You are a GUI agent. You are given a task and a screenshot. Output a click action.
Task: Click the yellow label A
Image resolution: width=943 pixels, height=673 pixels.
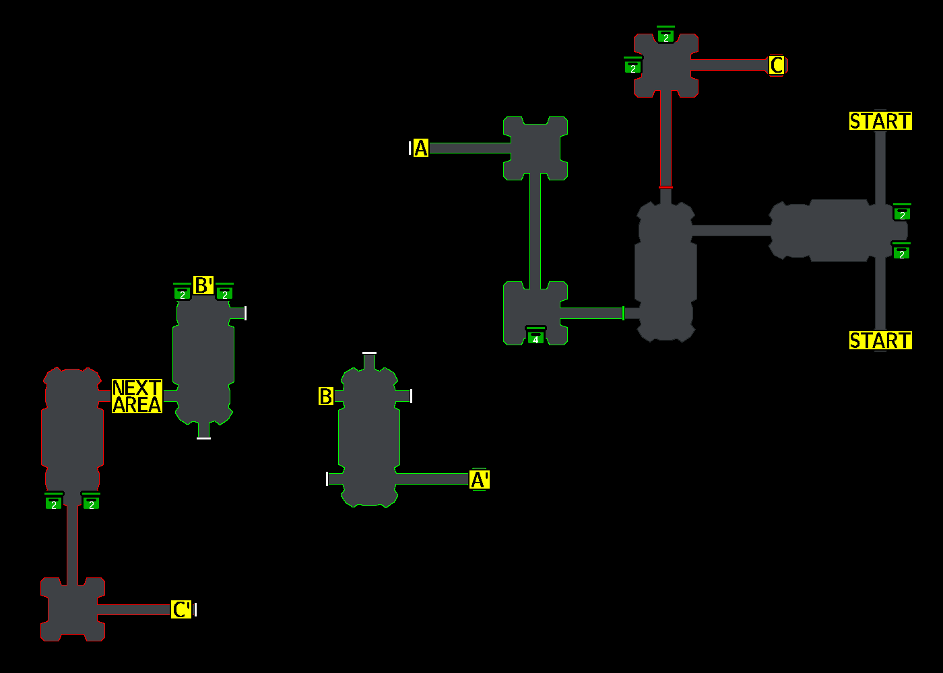pyautogui.click(x=421, y=148)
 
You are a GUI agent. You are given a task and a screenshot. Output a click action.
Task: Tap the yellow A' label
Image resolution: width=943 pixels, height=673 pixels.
pyautogui.click(x=480, y=480)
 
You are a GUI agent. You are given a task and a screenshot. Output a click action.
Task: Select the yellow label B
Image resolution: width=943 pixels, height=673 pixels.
pyautogui.click(x=326, y=396)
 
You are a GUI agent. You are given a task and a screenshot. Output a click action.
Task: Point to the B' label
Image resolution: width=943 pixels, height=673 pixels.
pyautogui.click(x=203, y=285)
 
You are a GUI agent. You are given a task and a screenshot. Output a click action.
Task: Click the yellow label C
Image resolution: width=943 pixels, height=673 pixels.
pyautogui.click(x=777, y=65)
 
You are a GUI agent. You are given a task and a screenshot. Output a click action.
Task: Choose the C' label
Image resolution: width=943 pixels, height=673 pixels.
pyautogui.click(x=181, y=610)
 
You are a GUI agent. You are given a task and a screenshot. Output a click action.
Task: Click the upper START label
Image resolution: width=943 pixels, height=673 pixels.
pyautogui.click(x=880, y=121)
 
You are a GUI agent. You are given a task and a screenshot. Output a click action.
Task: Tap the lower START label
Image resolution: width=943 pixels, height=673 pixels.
pyautogui.click(x=880, y=341)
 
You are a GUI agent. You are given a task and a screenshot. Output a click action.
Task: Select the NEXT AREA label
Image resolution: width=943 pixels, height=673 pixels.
pyautogui.click(x=137, y=396)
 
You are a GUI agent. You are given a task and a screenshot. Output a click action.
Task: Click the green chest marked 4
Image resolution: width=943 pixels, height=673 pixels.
pyautogui.click(x=535, y=336)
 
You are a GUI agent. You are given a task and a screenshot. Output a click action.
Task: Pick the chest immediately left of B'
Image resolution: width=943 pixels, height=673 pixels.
pyautogui.click(x=182, y=293)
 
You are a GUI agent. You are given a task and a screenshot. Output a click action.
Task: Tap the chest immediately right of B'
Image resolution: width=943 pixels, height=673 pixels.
pyautogui.click(x=224, y=293)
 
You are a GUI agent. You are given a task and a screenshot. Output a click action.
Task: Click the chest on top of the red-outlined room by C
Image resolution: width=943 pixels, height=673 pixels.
pyautogui.click(x=665, y=36)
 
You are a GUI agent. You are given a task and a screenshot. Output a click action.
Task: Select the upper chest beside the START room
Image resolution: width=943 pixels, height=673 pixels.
pyautogui.click(x=902, y=213)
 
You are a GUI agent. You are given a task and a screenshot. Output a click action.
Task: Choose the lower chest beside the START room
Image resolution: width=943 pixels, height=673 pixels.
pyautogui.click(x=901, y=252)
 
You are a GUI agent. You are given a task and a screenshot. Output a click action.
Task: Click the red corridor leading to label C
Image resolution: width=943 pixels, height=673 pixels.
pyautogui.click(x=729, y=65)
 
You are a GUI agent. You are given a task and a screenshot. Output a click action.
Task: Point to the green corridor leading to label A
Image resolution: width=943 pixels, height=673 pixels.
pyautogui.click(x=469, y=148)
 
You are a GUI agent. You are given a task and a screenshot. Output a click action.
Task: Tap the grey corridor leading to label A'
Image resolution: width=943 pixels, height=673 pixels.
pyautogui.click(x=431, y=479)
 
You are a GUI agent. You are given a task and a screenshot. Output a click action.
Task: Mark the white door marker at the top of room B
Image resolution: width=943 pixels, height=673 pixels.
pyautogui.click(x=369, y=353)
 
